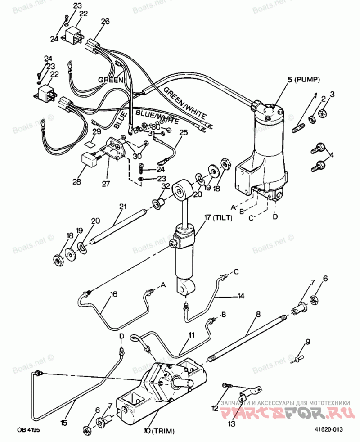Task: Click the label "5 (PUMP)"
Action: (303, 80)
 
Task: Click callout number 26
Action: (105, 21)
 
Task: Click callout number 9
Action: (308, 342)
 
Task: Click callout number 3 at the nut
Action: (333, 94)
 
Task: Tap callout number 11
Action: (192, 335)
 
